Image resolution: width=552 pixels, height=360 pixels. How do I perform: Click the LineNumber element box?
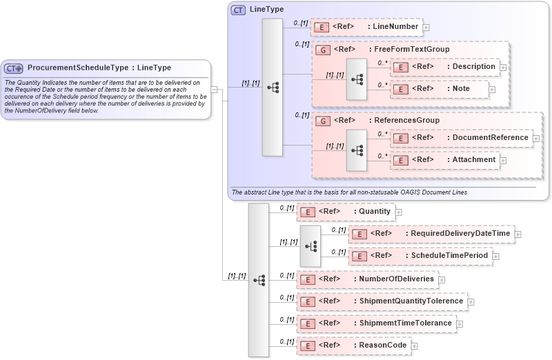(366, 27)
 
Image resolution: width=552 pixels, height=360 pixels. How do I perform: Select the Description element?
(445, 67)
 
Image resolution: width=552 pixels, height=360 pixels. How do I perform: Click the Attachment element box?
(446, 160)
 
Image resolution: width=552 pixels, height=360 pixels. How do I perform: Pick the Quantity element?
(345, 212)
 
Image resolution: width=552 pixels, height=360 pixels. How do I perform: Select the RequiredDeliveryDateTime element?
(431, 234)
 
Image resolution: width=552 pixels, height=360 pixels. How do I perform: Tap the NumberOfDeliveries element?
(368, 279)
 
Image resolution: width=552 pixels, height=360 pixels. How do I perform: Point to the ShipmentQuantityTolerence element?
(382, 301)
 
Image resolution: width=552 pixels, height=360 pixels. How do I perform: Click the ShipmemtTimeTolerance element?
(376, 323)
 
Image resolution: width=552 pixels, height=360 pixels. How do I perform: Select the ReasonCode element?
(353, 346)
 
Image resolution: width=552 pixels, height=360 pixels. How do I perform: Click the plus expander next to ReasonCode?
(415, 346)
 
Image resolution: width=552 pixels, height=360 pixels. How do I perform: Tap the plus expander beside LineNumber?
(426, 28)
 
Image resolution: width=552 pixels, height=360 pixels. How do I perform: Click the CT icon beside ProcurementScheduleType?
(14, 68)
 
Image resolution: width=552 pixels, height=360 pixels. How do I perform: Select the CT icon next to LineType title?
(238, 10)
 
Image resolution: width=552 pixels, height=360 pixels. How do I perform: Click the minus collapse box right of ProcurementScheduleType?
(215, 89)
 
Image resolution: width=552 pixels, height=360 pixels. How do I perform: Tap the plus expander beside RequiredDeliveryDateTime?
(518, 234)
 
